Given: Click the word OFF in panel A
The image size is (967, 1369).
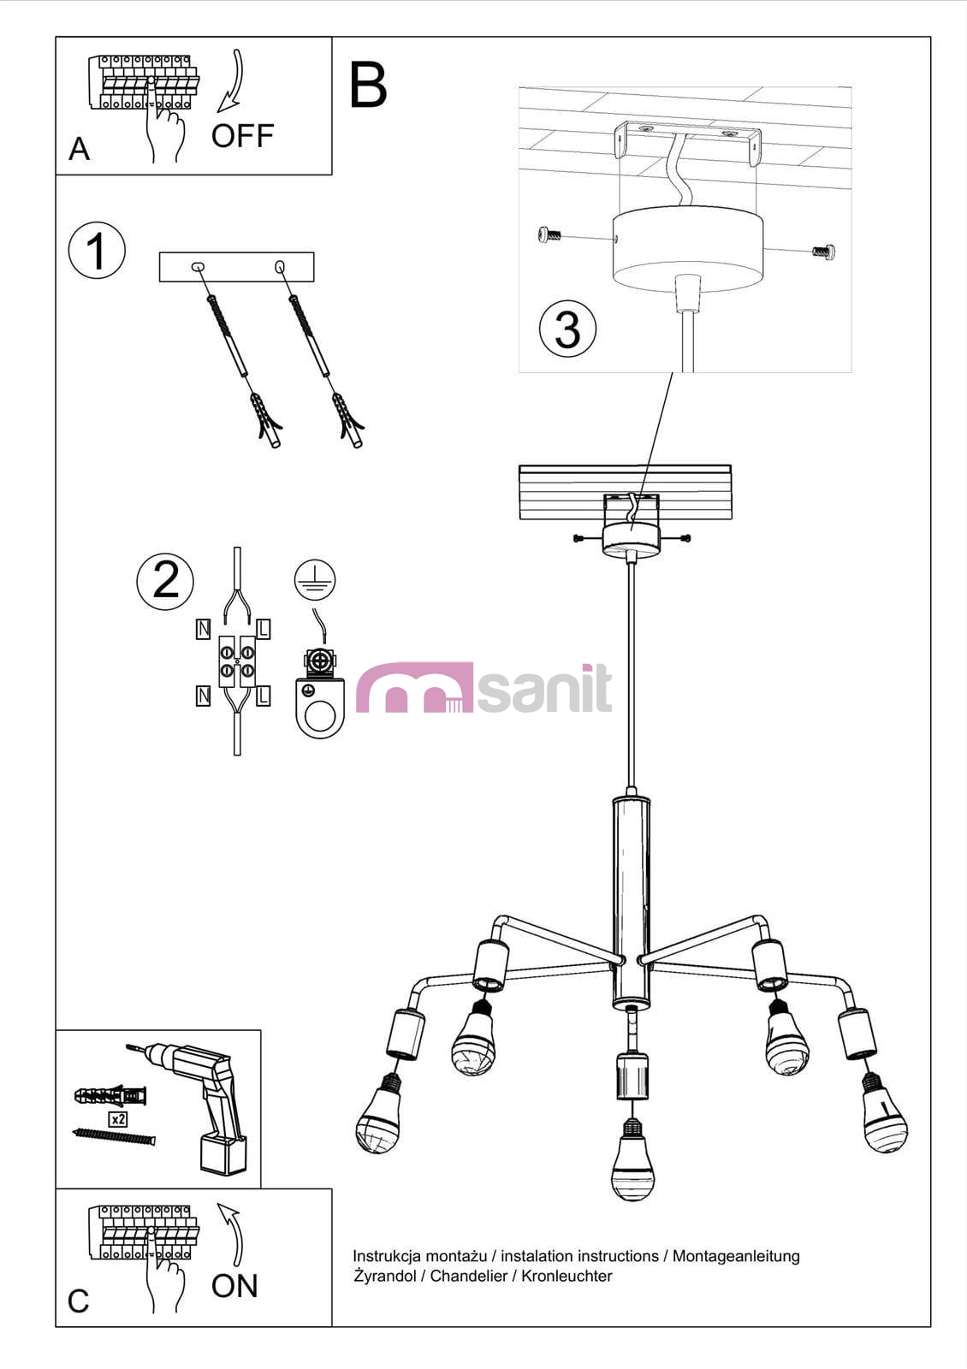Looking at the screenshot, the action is pyautogui.click(x=243, y=136).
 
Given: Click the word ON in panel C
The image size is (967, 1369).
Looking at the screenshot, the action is pyautogui.click(x=234, y=1286).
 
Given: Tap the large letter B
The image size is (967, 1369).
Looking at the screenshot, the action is pyautogui.click(x=368, y=85).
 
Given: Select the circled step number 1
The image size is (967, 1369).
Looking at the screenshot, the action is pyautogui.click(x=97, y=251).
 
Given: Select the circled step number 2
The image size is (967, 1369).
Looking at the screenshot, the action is pyautogui.click(x=165, y=581).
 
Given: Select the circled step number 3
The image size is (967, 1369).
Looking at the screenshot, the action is pyautogui.click(x=567, y=329).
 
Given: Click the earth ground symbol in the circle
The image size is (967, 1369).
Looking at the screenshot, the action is pyautogui.click(x=315, y=578).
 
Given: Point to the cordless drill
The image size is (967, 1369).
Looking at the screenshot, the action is pyautogui.click(x=196, y=1106).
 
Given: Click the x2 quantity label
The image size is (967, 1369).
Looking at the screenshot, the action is pyautogui.click(x=118, y=1118).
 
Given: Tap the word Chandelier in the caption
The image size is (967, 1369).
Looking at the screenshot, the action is pyautogui.click(x=469, y=1276).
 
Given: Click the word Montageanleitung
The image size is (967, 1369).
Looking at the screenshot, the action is pyautogui.click(x=736, y=1257).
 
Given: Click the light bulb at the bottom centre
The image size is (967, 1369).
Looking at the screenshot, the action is pyautogui.click(x=632, y=1159).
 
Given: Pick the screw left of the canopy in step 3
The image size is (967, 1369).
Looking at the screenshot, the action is pyautogui.click(x=549, y=234).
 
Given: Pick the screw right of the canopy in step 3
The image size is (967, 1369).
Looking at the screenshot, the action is pyautogui.click(x=824, y=251).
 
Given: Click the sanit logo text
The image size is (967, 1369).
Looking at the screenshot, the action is pyautogui.click(x=544, y=688).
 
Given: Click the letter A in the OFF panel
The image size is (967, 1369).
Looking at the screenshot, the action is pyautogui.click(x=79, y=149).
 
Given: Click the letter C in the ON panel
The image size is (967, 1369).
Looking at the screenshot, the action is pyautogui.click(x=78, y=1301).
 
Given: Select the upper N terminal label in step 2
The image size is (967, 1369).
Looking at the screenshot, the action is pyautogui.click(x=203, y=629).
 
